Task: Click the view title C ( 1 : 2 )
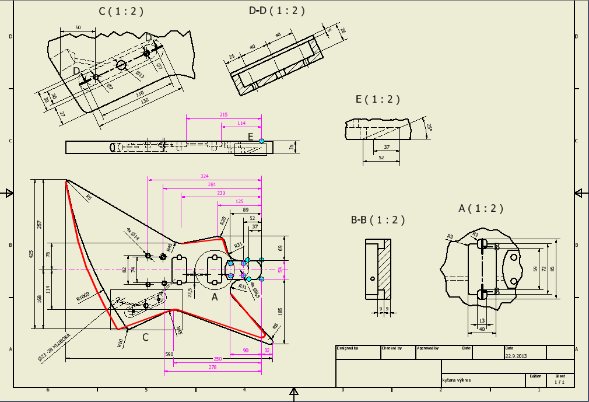tap(121, 12)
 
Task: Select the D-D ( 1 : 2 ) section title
tap(276, 11)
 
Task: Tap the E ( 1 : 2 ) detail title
tap(378, 99)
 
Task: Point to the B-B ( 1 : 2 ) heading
tap(377, 220)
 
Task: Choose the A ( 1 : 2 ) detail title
tap(481, 208)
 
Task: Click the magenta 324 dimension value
tap(204, 176)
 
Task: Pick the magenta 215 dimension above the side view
tap(223, 115)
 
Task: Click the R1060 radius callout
tap(85, 296)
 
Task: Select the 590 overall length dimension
tap(169, 354)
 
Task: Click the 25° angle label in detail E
tap(429, 128)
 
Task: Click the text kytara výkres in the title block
tap(457, 380)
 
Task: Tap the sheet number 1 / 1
tap(560, 383)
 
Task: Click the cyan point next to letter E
tap(262, 140)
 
